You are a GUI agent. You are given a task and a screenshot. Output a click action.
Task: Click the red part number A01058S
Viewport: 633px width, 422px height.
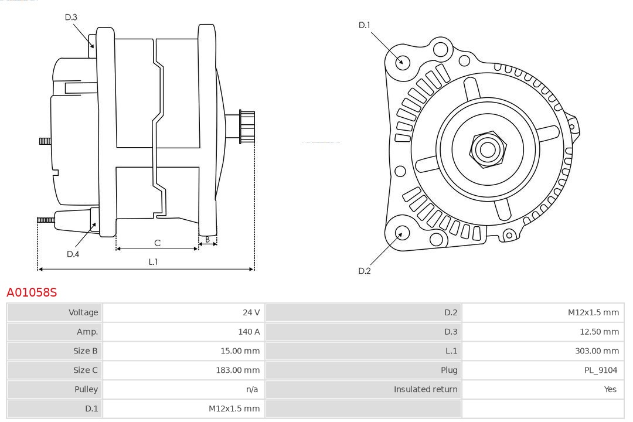coord(32,292)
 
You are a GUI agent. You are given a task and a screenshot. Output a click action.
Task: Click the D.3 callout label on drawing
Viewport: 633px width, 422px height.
coord(71,18)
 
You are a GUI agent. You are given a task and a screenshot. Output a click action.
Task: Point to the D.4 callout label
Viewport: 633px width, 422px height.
coord(73,254)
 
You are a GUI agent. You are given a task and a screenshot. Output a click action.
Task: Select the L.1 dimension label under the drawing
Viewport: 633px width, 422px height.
coord(153,262)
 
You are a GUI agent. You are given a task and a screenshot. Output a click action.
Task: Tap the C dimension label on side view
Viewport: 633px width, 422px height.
coord(157,243)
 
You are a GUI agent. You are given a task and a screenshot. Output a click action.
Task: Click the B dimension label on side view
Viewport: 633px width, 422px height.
coord(207,240)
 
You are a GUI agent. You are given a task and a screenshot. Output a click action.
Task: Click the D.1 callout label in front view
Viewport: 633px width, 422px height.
coord(365,25)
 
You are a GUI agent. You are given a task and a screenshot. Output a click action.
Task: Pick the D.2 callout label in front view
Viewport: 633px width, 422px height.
coord(365,271)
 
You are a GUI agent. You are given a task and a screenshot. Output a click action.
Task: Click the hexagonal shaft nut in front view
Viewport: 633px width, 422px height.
coord(487,149)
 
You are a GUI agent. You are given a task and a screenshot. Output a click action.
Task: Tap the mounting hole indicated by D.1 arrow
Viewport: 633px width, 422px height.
coord(403,61)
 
